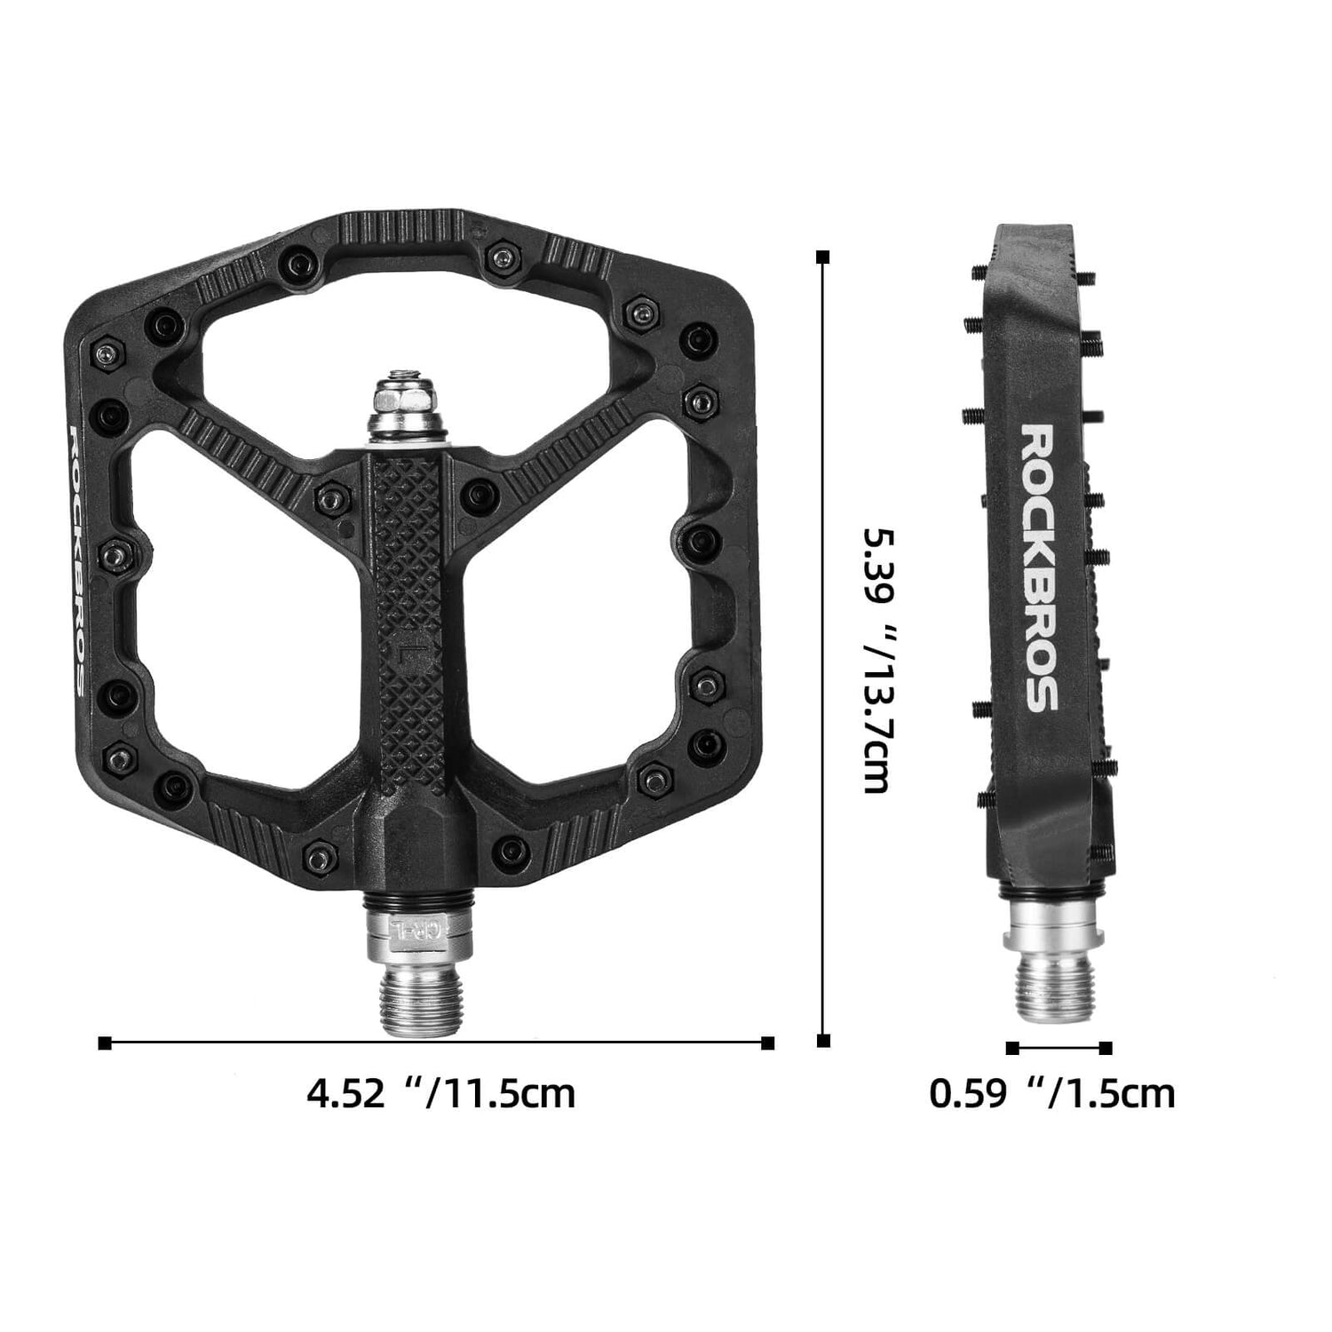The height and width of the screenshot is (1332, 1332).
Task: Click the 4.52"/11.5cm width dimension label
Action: pos(440,1092)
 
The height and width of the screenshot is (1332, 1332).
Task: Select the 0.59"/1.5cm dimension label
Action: pos(1051,1092)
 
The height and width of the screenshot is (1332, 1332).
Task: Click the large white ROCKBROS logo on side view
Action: pos(1038,567)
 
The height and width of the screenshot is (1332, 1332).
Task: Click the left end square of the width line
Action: pos(105,1043)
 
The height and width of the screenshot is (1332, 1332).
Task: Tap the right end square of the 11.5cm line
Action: pos(768,1043)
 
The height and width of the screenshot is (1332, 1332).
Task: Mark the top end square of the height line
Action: pos(823,257)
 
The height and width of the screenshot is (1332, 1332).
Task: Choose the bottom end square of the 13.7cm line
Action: pos(823,1041)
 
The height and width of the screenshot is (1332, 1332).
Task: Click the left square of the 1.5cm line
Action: pos(1012,1048)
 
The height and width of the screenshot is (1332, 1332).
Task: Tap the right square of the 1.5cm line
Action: pos(1106,1048)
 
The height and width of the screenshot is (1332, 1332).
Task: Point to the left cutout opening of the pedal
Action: pos(240,604)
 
